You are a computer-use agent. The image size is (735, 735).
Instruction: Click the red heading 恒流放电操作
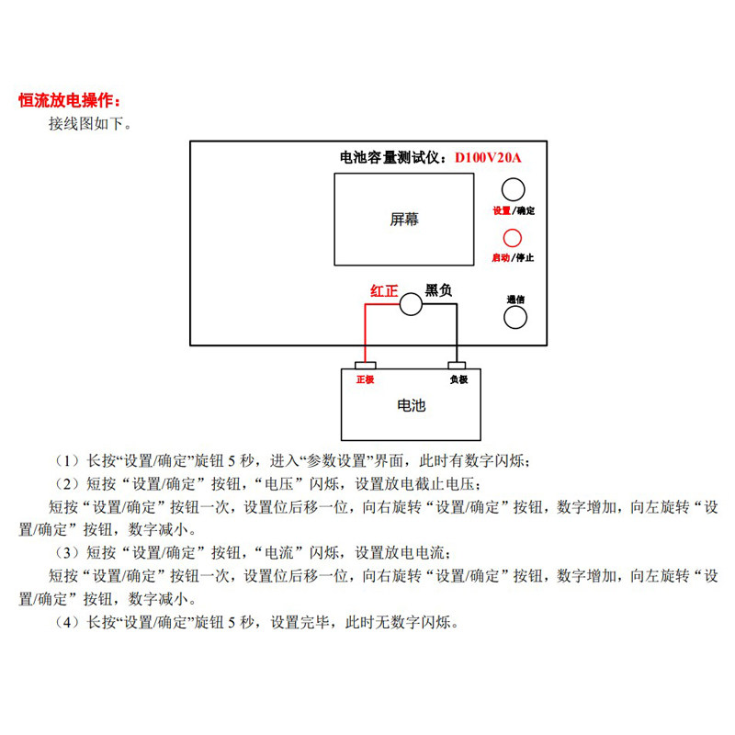69,100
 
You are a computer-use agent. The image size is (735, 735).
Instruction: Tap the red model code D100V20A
488,158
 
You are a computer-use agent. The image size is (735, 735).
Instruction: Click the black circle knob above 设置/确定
514,189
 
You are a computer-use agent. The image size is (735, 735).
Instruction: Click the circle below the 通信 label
514,317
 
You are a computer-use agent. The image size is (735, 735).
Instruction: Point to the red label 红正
384,290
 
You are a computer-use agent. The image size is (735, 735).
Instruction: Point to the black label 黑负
439,290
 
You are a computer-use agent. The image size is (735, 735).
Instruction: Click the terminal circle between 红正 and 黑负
411,305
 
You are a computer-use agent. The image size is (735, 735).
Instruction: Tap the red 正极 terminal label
365,379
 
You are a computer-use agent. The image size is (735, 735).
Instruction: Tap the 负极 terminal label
458,379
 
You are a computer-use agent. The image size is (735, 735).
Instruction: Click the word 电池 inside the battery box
411,405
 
